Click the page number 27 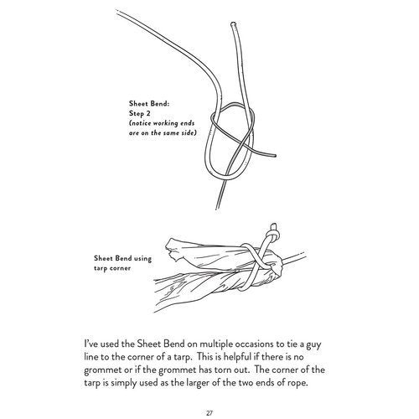coord(209,413)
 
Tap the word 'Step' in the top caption coord(136,114)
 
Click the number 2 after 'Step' coord(148,113)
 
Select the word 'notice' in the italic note coord(141,123)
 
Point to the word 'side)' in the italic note coord(189,133)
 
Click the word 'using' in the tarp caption coord(142,259)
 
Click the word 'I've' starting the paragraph coord(91,344)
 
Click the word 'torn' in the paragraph coord(223,370)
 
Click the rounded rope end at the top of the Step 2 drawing coord(234,24)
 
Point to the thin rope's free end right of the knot coord(275,156)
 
